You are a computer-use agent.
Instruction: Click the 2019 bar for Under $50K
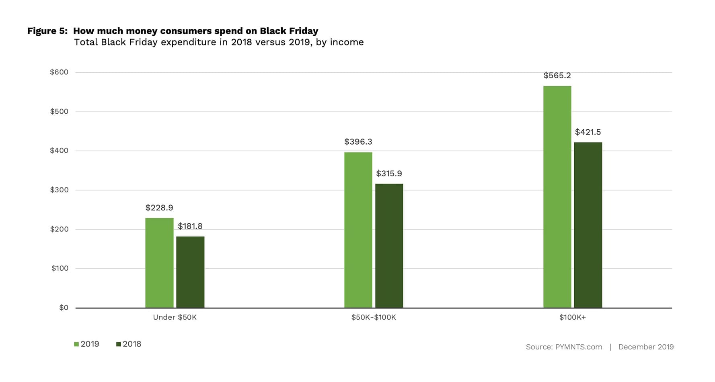pyautogui.click(x=159, y=263)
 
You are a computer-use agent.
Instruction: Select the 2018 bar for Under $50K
pyautogui.click(x=190, y=272)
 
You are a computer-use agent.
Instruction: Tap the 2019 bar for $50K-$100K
pyautogui.click(x=358, y=230)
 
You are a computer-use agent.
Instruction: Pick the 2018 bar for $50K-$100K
pyautogui.click(x=389, y=245)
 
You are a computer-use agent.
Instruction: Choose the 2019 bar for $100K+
pyautogui.click(x=557, y=197)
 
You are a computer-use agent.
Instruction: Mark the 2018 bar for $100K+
pyautogui.click(x=588, y=225)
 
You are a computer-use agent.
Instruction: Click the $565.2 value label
pyautogui.click(x=557, y=76)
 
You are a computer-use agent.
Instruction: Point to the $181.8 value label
pyautogui.click(x=190, y=226)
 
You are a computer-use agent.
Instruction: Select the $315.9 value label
pyautogui.click(x=389, y=174)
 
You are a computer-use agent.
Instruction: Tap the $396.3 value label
pyautogui.click(x=358, y=142)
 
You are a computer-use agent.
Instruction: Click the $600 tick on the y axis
pyautogui.click(x=59, y=72)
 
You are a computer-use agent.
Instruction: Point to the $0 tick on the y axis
pyautogui.click(x=64, y=308)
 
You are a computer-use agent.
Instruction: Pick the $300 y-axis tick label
pyautogui.click(x=59, y=190)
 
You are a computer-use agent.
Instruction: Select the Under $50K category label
pyautogui.click(x=175, y=317)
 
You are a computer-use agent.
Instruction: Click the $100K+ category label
pyautogui.click(x=573, y=317)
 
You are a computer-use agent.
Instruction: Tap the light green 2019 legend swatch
pyautogui.click(x=76, y=344)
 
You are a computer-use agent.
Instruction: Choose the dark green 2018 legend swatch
pyautogui.click(x=119, y=344)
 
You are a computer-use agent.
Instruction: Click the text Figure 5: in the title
pyautogui.click(x=47, y=31)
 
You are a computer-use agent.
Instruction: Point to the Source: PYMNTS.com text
pyautogui.click(x=564, y=347)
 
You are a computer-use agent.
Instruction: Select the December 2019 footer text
pyautogui.click(x=646, y=347)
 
